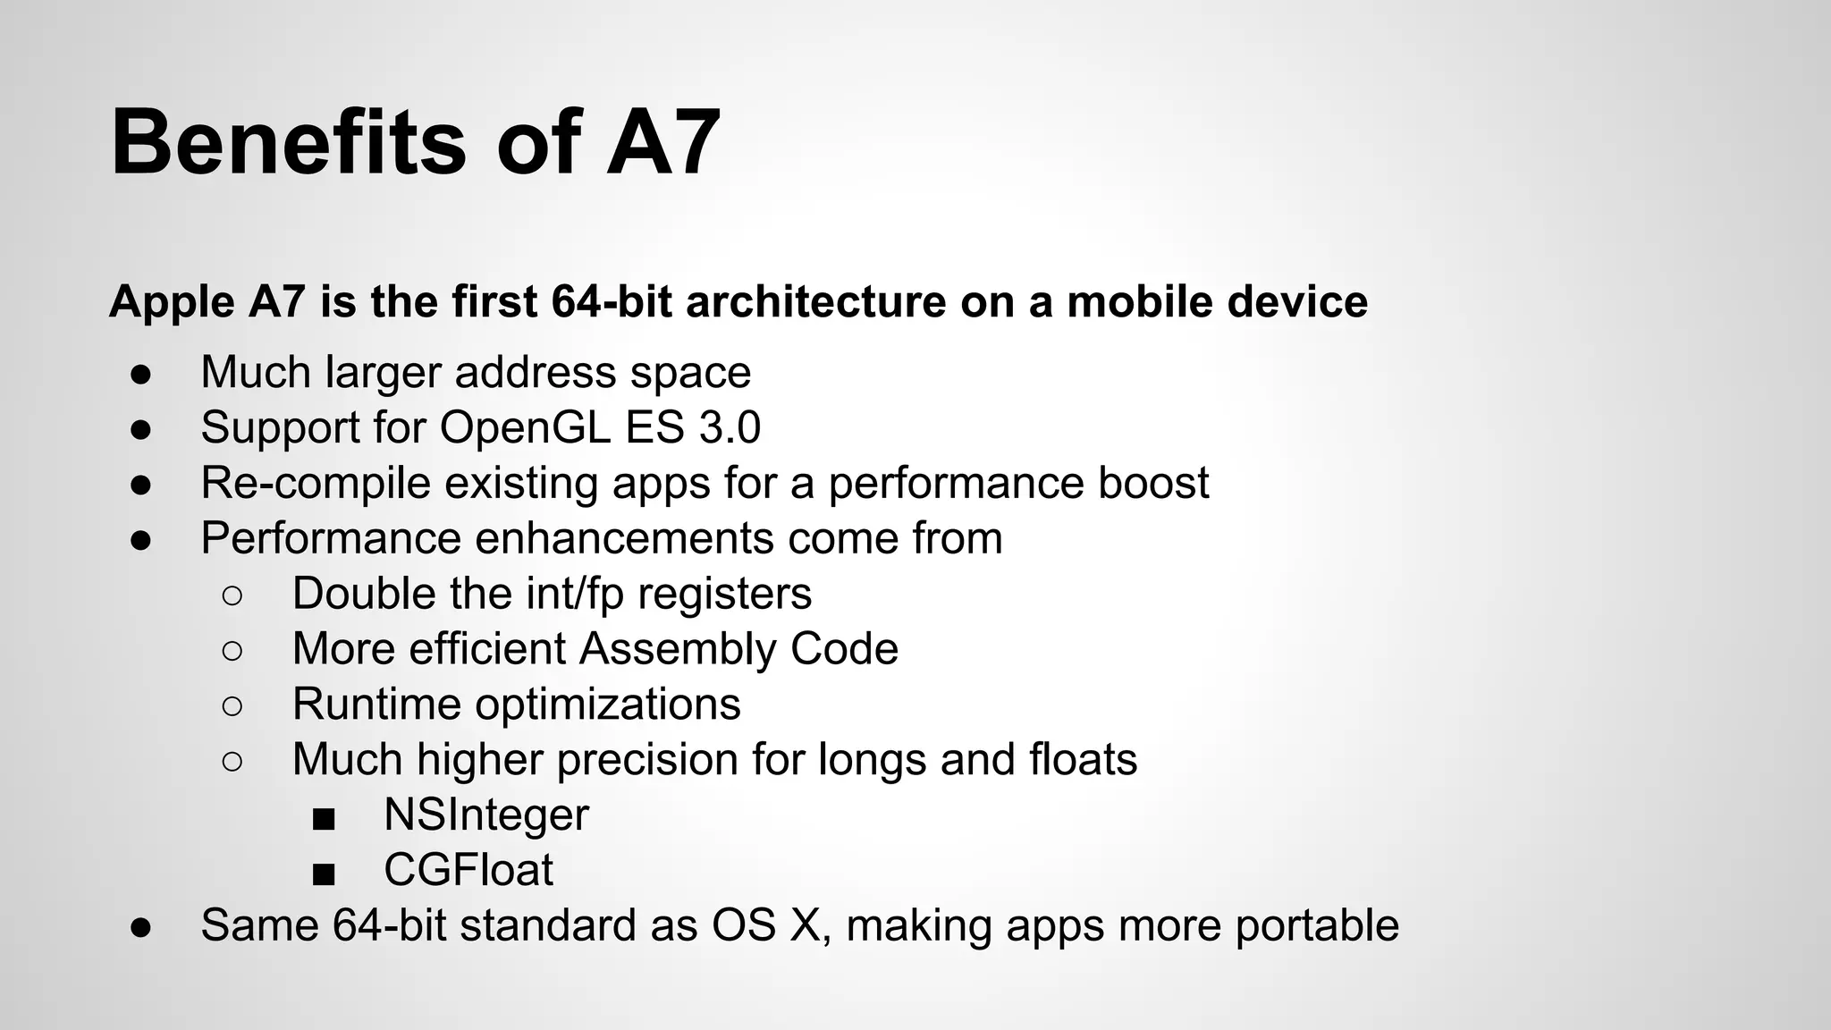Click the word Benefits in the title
288,143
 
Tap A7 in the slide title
662,143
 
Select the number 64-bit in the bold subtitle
612,301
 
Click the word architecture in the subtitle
815,301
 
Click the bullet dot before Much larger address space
140,374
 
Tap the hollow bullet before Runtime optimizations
232,705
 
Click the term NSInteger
486,815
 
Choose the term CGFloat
468,870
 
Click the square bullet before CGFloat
324,873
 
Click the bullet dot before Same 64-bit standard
140,927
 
